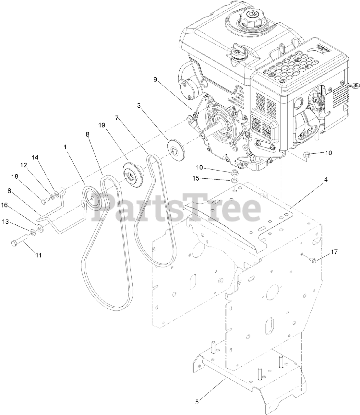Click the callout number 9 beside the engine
155,79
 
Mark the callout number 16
13,205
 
